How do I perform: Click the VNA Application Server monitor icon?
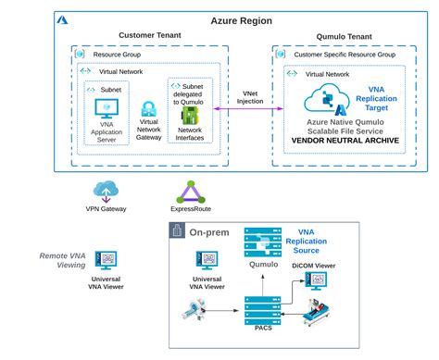point(107,106)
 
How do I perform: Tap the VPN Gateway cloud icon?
point(106,192)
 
